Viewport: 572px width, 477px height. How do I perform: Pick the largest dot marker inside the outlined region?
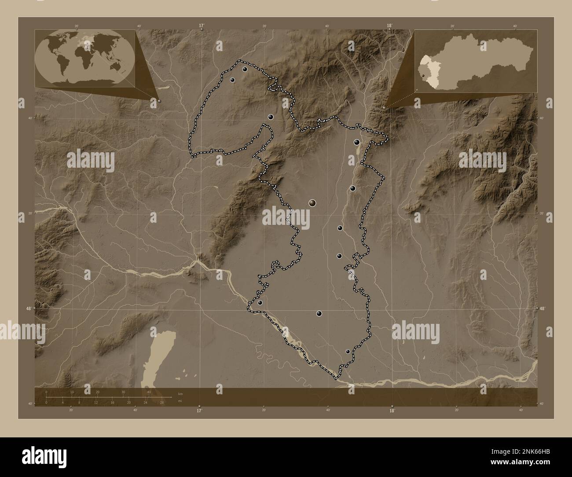click(312, 202)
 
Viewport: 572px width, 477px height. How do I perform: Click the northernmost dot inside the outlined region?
click(245, 69)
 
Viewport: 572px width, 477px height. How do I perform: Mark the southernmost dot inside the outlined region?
click(348, 352)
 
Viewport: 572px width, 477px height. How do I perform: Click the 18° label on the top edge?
click(389, 26)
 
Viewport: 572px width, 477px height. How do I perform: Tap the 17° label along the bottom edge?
click(199, 411)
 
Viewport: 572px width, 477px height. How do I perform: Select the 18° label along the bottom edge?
click(392, 411)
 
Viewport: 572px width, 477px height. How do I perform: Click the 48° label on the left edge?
click(28, 309)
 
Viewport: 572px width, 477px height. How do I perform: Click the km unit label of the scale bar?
click(180, 393)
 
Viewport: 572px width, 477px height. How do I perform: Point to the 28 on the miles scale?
click(162, 402)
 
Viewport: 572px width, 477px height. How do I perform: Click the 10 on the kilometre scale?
click(72, 392)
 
